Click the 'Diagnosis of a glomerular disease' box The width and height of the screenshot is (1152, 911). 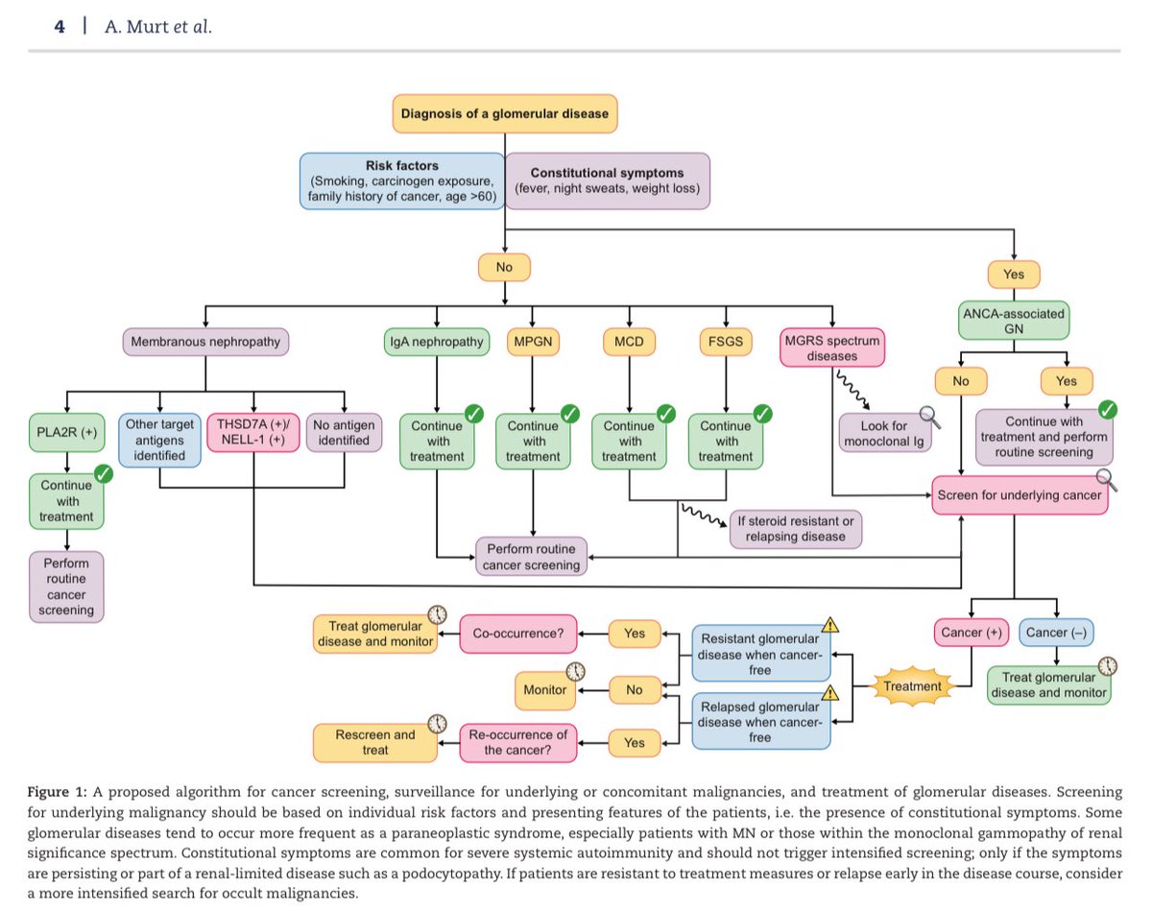(x=505, y=113)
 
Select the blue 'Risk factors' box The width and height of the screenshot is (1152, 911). (x=402, y=180)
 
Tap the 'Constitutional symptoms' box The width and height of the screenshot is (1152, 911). (x=608, y=180)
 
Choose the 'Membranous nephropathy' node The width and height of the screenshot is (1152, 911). (x=205, y=342)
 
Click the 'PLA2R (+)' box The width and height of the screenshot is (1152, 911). (x=67, y=433)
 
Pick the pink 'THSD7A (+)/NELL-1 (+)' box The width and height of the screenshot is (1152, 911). (x=253, y=433)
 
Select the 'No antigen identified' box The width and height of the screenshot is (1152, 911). (x=345, y=433)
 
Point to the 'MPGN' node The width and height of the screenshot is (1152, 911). (x=533, y=342)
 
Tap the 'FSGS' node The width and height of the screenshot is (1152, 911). (x=726, y=342)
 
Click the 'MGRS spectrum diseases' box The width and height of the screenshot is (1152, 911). (x=832, y=348)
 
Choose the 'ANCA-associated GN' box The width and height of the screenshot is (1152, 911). (x=1014, y=322)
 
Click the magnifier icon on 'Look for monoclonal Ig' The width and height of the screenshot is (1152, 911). (x=930, y=418)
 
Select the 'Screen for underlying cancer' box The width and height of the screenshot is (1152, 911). (x=1020, y=495)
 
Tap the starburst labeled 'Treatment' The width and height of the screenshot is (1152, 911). (x=912, y=686)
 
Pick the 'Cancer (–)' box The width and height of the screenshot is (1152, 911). (x=1056, y=633)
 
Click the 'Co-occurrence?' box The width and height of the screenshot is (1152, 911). (x=518, y=634)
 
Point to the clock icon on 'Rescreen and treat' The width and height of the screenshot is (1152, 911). (x=438, y=724)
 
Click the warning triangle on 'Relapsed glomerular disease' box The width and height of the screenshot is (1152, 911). (x=829, y=693)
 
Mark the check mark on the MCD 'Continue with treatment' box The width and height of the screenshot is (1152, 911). (x=666, y=414)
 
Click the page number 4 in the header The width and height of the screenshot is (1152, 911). (x=60, y=27)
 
